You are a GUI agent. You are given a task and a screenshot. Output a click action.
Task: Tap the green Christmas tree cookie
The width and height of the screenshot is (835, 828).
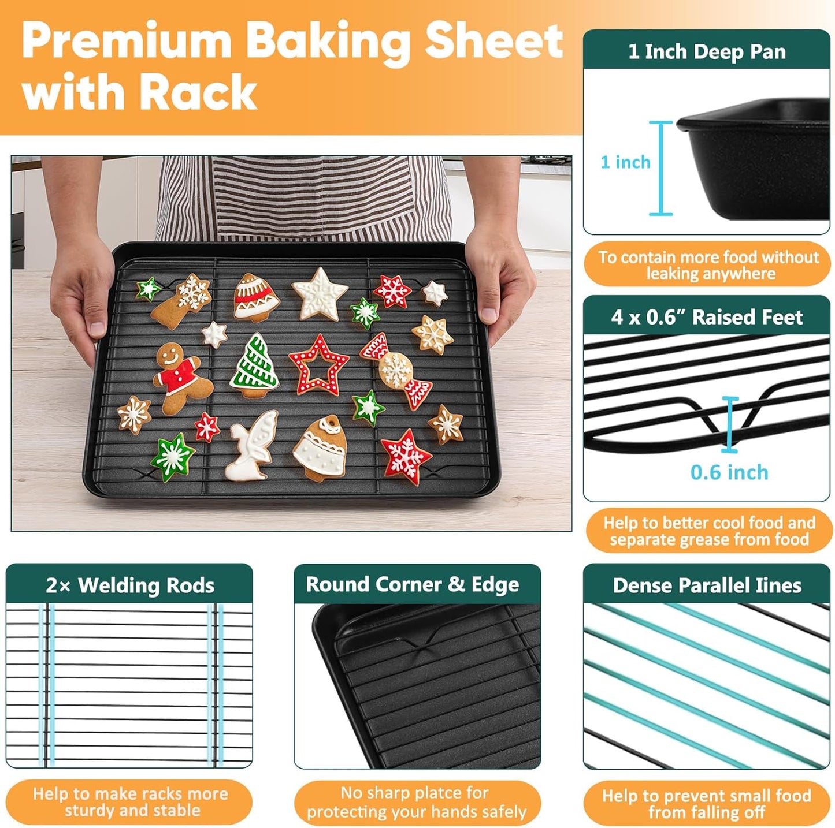(255, 365)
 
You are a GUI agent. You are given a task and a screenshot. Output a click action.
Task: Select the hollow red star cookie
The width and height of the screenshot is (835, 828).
(318, 365)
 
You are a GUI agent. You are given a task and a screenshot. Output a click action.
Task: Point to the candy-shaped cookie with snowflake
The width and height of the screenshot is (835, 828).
(397, 371)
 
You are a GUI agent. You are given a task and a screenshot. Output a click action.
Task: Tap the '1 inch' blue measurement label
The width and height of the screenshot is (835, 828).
(625, 162)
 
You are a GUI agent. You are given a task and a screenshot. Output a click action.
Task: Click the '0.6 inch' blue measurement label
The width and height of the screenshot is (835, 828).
(729, 472)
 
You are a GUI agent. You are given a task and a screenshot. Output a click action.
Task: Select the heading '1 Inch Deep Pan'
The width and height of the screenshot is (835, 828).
(707, 51)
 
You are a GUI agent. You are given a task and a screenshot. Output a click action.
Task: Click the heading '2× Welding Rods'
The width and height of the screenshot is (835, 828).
(130, 585)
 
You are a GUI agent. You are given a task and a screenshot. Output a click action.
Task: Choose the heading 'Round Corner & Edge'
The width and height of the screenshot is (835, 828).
(413, 584)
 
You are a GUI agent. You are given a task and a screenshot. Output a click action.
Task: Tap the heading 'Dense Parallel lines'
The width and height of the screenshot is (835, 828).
(707, 585)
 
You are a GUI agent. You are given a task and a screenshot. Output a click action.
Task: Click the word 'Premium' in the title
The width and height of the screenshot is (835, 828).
(127, 42)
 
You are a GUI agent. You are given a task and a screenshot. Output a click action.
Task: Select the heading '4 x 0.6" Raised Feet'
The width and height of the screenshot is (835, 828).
(707, 317)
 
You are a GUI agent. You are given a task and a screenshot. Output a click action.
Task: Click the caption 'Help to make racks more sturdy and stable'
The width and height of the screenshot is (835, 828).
(130, 801)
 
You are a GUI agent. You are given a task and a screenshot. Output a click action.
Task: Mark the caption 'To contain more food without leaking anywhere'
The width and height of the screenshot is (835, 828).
(708, 265)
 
